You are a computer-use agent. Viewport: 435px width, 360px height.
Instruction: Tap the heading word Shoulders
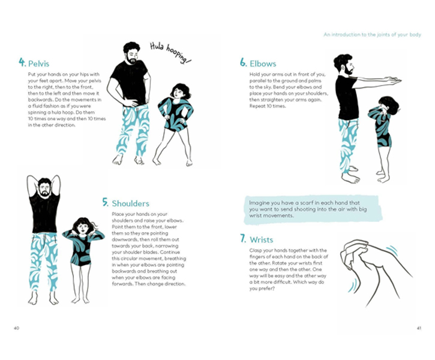coord(130,203)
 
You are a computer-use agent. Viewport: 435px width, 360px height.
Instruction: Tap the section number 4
coord(22,62)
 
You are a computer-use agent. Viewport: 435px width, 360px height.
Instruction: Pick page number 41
coord(419,328)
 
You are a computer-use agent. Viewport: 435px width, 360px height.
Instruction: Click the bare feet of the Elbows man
coord(350,178)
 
